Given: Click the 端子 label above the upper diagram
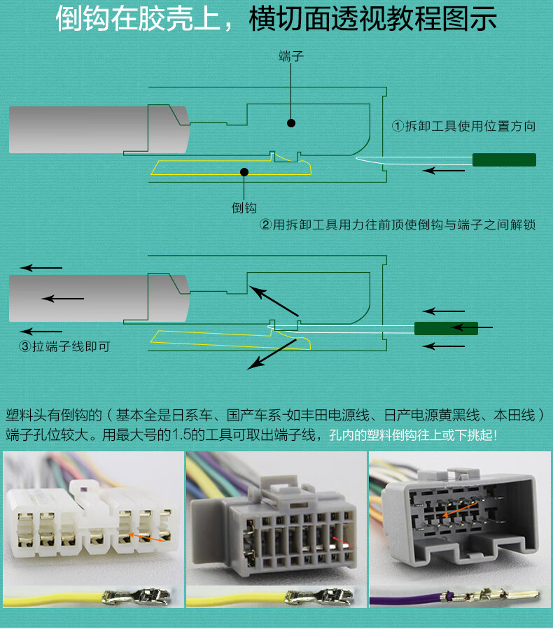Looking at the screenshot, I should point(290,57).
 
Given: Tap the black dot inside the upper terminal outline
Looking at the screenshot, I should point(291,123).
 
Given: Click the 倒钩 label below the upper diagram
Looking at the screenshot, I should point(244,208).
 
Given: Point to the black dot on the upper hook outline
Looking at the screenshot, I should point(244,171).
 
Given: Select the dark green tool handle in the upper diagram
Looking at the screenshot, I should point(504,160).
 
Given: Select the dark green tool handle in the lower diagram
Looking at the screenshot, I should point(446,328).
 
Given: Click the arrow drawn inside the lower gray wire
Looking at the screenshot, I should point(63,299).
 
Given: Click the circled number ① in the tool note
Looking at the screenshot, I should point(398,127).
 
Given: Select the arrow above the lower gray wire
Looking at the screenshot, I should point(41,268).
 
